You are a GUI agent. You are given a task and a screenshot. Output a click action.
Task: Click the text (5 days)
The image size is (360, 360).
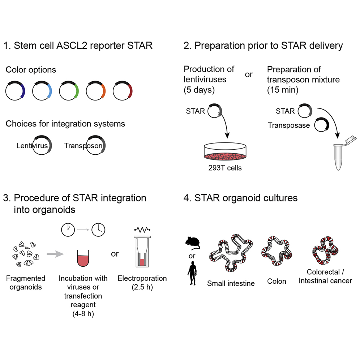[x=199, y=90]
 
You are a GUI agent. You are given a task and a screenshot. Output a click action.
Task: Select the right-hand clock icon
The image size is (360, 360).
[x=98, y=229]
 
